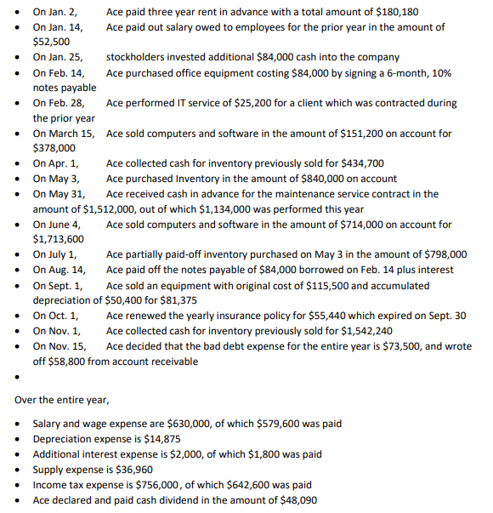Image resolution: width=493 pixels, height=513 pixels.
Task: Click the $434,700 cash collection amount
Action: click(362, 162)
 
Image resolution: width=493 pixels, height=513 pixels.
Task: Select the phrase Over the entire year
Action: click(62, 399)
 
